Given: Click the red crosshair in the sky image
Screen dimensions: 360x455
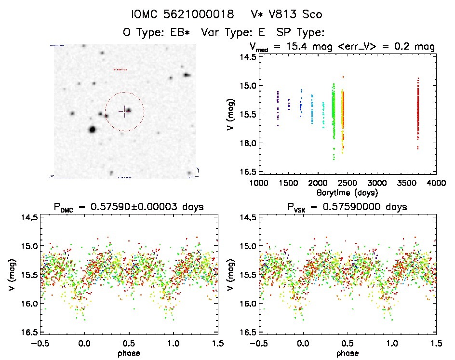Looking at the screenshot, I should pyautogui.click(x=124, y=111).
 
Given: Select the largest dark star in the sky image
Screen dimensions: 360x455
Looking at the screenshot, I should pyautogui.click(x=92, y=129).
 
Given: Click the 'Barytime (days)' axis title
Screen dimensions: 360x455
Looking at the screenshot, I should pyautogui.click(x=347, y=192).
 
